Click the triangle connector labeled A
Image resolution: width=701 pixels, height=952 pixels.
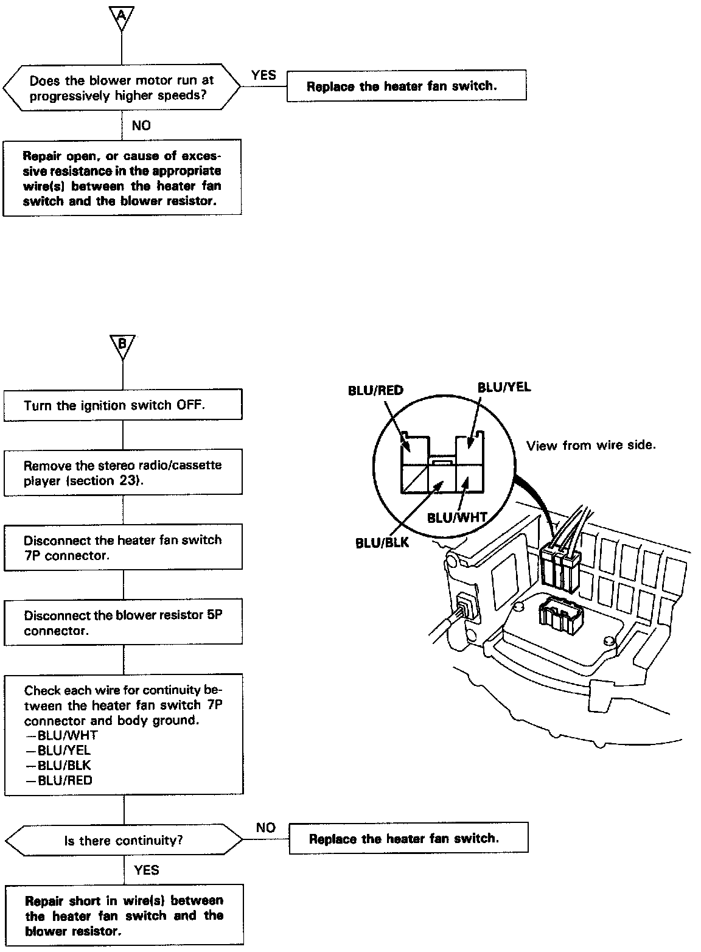pos(121,17)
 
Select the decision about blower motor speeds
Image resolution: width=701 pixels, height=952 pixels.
pos(122,88)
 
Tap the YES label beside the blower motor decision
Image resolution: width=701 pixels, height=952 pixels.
pos(263,75)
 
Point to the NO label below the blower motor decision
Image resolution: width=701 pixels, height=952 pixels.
pos(141,126)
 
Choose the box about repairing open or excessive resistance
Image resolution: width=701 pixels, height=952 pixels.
pos(122,177)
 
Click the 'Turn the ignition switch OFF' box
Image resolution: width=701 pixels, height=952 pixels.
pos(122,405)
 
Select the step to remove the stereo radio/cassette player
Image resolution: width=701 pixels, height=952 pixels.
pos(122,473)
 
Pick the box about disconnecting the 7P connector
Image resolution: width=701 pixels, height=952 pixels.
pos(122,547)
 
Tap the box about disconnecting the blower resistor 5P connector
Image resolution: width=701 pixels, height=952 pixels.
pos(122,623)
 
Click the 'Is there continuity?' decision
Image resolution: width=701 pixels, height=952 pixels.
pos(123,841)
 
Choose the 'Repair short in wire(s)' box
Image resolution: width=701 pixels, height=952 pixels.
pos(124,915)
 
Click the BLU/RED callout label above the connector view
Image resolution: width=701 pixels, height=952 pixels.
pos(375,391)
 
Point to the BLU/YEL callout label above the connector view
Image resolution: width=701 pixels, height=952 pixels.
pos(504,387)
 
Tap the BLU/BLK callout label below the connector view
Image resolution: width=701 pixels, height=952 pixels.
pos(382,543)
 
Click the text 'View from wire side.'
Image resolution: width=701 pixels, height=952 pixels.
pos(591,446)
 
